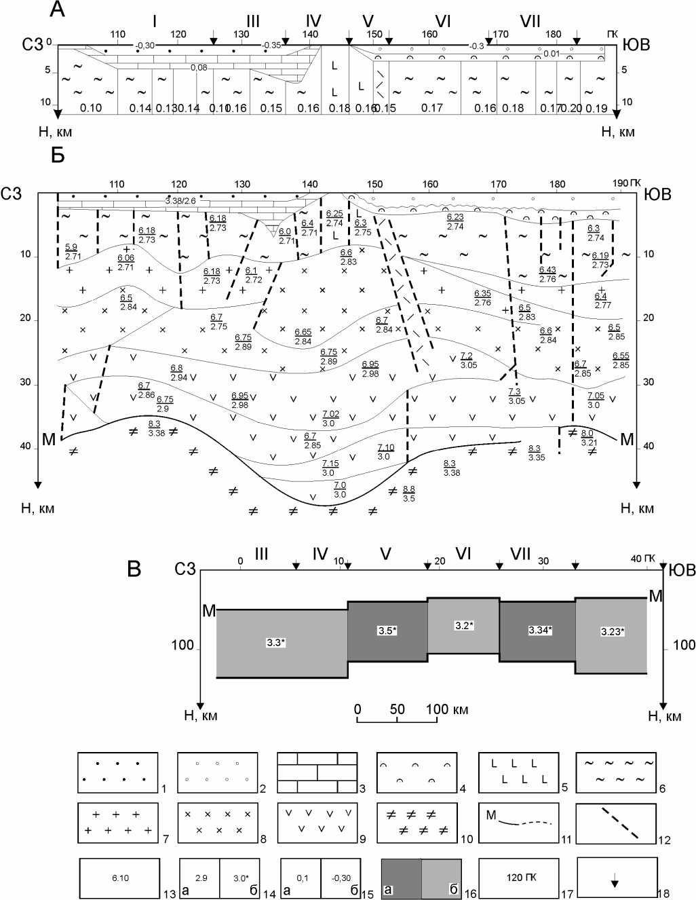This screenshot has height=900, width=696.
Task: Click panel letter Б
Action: pos(57,155)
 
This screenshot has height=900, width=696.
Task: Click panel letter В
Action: pos(134,569)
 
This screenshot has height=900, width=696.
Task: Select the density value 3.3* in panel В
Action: pos(275,642)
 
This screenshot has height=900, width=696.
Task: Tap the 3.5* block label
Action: pos(387,631)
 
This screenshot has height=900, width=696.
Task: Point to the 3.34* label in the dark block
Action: pos(540,631)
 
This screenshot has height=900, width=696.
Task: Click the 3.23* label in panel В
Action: pos(612,632)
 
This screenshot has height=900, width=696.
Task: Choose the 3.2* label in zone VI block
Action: pos(464,626)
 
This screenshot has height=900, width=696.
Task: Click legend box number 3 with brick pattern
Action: pos(317,772)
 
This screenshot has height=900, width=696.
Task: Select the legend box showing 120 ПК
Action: pos(519,878)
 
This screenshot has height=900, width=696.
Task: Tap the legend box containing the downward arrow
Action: pos(617,878)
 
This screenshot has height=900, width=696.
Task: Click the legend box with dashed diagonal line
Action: pos(617,824)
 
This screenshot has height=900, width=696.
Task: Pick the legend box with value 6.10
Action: pos(120,878)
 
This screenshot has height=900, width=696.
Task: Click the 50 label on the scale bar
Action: pos(397,709)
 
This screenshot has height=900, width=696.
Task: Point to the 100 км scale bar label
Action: pos(447,709)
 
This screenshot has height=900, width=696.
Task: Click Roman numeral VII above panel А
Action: pos(530,22)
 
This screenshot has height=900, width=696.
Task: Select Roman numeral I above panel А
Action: pos(155,22)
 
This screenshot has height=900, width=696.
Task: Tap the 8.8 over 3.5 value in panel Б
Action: pos(408,493)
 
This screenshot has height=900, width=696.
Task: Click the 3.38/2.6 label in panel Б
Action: pos(180,201)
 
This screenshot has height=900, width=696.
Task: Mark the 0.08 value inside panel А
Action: pos(199,68)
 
